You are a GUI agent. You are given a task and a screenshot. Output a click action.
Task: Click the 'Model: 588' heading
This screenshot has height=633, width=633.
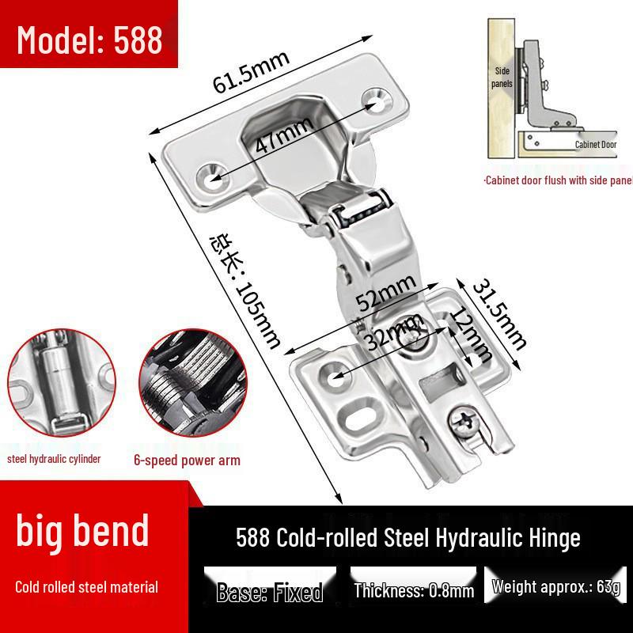tap(89, 39)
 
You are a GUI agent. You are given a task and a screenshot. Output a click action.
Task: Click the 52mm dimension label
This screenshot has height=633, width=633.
tap(385, 294)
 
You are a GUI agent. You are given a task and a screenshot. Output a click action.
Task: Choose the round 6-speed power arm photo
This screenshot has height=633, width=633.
tap(187, 388)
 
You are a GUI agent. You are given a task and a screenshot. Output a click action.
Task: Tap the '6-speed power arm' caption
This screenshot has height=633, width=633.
tap(187, 461)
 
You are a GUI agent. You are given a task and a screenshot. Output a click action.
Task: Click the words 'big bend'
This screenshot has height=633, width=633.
tap(83, 531)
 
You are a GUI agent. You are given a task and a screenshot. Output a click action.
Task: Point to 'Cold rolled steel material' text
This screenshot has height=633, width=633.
tap(87, 587)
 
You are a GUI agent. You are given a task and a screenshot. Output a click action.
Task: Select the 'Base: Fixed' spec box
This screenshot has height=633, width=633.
tap(269, 591)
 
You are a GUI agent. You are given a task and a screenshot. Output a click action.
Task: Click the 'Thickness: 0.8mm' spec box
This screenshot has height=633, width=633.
tap(414, 591)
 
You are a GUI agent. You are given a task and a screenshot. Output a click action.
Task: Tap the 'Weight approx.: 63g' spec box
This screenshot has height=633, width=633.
tap(556, 587)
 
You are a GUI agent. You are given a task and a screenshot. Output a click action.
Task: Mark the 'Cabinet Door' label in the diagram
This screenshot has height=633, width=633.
tap(595, 145)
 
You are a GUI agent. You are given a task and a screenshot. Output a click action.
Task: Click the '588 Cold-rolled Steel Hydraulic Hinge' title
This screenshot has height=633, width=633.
tap(408, 538)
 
